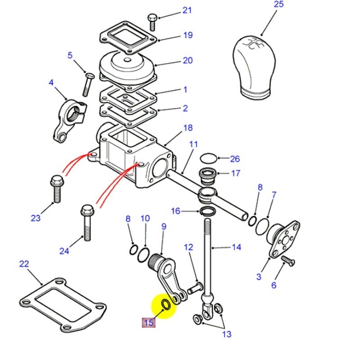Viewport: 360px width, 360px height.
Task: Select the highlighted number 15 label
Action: [x=148, y=323]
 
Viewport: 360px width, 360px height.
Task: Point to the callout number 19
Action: [x=188, y=35]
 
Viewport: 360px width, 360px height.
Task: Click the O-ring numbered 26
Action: [x=207, y=158]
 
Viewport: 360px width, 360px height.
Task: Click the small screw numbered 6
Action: [x=286, y=260]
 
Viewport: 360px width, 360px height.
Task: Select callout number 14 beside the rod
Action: [x=236, y=247]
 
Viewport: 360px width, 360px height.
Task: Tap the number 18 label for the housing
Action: [x=188, y=128]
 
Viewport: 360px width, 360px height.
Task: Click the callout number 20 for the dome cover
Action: [x=188, y=60]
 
